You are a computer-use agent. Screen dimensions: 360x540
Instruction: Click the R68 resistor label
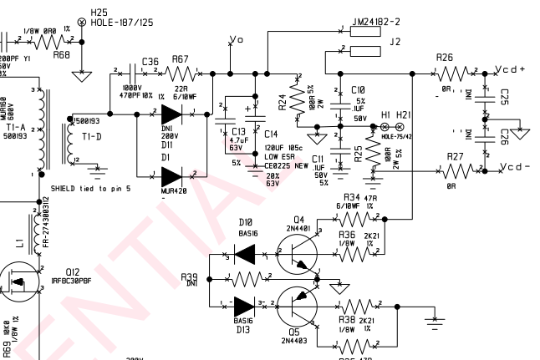click(x=61, y=54)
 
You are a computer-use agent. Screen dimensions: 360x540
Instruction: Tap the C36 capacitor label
click(x=150, y=61)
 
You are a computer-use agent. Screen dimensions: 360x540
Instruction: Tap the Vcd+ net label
click(x=512, y=69)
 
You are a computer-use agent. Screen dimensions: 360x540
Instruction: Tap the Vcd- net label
click(x=512, y=168)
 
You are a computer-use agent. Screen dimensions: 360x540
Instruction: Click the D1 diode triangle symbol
click(x=172, y=175)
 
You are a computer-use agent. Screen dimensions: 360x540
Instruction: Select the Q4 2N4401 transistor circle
click(x=297, y=253)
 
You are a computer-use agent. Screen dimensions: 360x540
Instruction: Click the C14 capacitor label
click(x=271, y=134)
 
